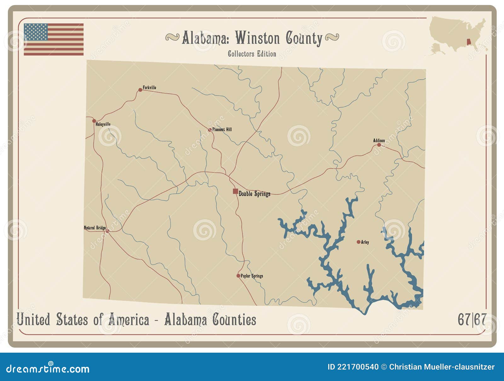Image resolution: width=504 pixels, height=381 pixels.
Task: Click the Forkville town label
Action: click(149, 88)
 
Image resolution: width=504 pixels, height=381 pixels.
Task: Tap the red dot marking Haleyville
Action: click(94, 121)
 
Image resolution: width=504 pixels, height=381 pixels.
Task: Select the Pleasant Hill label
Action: click(222, 129)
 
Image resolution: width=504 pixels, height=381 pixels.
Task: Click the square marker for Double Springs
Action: click(235, 191)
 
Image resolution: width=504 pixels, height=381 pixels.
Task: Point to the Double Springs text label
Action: click(254, 194)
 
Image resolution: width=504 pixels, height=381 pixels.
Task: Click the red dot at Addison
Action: click(379, 145)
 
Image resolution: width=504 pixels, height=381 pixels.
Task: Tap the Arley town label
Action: click(365, 242)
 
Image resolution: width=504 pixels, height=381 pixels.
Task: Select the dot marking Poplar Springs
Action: click(238, 276)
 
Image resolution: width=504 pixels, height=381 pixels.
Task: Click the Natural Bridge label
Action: click(95, 228)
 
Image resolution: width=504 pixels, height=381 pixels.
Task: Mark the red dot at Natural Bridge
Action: click(107, 231)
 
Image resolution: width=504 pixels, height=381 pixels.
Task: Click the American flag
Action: click(54, 39)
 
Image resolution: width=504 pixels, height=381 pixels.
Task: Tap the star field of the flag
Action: click(36, 32)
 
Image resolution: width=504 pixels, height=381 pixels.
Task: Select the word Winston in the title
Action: click(257, 38)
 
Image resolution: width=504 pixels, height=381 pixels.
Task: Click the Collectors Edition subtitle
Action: click(252, 54)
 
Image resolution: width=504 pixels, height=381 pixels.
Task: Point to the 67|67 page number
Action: click(472, 320)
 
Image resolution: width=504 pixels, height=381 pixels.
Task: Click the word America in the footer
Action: click(129, 320)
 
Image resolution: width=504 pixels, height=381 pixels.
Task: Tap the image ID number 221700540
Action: click(358, 367)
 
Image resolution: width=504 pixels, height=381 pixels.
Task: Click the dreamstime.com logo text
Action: click(48, 369)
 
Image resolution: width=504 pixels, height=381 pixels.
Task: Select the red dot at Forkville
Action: click(140, 90)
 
